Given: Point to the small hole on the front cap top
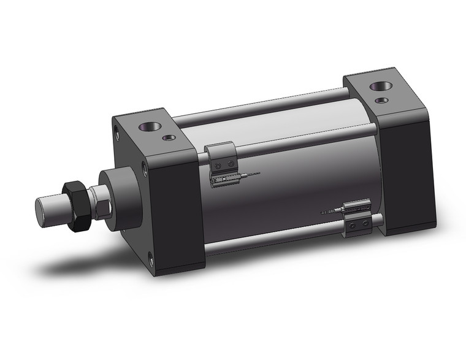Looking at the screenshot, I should point(169,138).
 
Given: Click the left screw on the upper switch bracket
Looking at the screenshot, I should point(219,165).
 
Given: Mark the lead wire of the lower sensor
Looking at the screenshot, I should point(328,212).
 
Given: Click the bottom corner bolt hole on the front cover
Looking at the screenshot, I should point(151,261).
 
